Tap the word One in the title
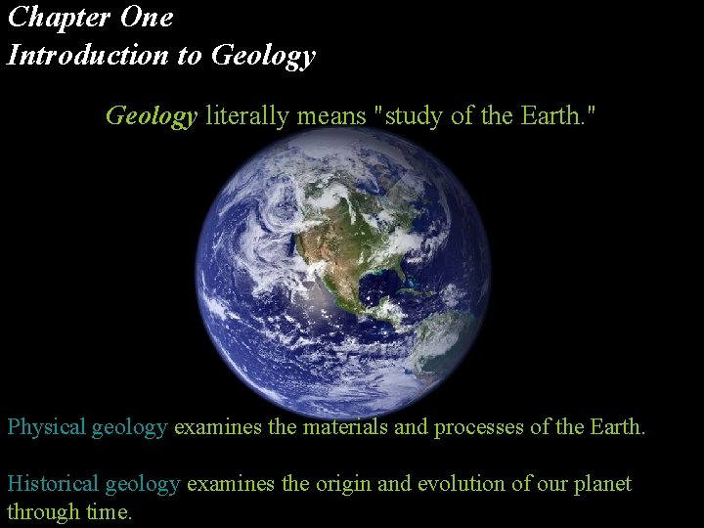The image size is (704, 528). (147, 18)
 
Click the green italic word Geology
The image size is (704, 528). (152, 116)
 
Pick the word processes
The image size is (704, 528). (475, 427)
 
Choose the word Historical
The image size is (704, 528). (53, 484)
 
